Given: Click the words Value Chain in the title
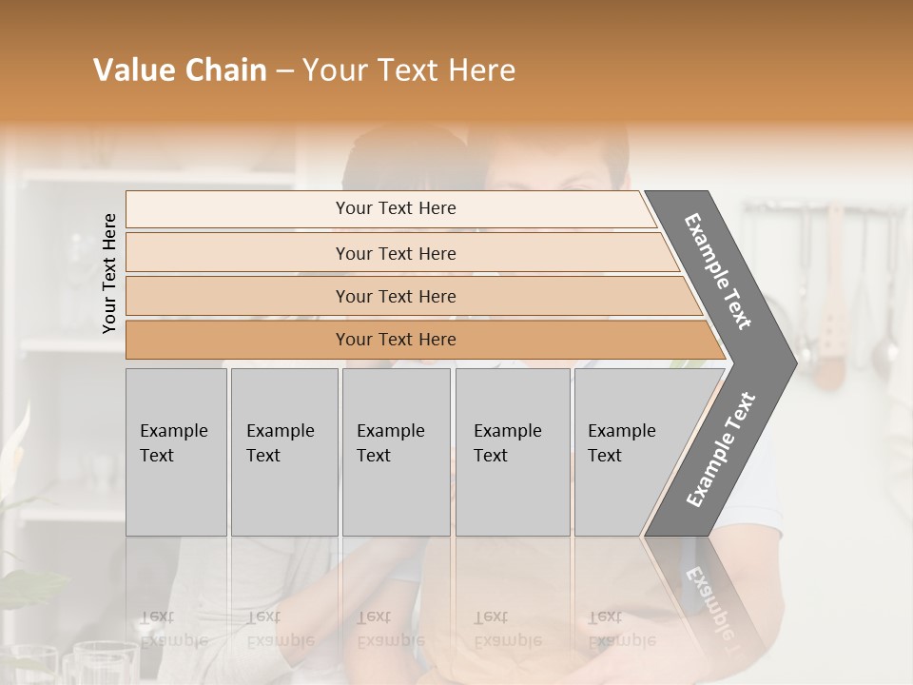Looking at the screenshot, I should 180,70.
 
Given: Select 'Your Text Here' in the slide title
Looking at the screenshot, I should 409,70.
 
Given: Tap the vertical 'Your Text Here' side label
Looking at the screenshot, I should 109,273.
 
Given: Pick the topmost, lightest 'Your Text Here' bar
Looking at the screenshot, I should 395,208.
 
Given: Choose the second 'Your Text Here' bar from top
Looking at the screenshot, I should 395,253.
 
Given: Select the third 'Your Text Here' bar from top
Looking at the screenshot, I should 395,296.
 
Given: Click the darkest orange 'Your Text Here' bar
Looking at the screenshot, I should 395,340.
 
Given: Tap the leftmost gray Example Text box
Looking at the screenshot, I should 176,452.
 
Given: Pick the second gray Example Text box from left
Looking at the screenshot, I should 284,452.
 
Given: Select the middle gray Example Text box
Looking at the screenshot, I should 396,452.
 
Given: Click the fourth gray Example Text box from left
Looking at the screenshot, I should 513,452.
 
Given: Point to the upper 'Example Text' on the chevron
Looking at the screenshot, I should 718,271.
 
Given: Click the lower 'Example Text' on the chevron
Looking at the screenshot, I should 721,450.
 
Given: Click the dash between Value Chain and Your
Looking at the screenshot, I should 284,71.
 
